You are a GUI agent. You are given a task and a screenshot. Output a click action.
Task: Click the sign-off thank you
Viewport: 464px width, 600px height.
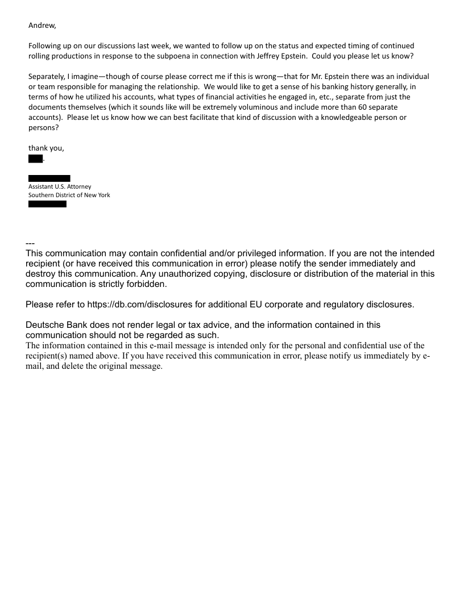coord(46,148)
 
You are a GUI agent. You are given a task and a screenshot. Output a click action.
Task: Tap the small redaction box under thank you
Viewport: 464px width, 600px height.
coord(35,158)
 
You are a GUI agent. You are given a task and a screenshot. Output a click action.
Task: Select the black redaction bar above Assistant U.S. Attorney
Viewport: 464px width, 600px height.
coord(49,178)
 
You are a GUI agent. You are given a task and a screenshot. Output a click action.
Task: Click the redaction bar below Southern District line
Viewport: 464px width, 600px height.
coord(47,204)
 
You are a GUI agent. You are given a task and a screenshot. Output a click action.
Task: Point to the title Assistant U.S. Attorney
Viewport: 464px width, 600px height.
coord(60,186)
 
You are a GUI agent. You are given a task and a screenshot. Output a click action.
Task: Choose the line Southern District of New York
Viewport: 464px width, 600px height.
coord(69,195)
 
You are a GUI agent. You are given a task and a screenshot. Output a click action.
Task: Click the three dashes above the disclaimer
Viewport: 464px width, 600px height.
coord(31,244)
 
